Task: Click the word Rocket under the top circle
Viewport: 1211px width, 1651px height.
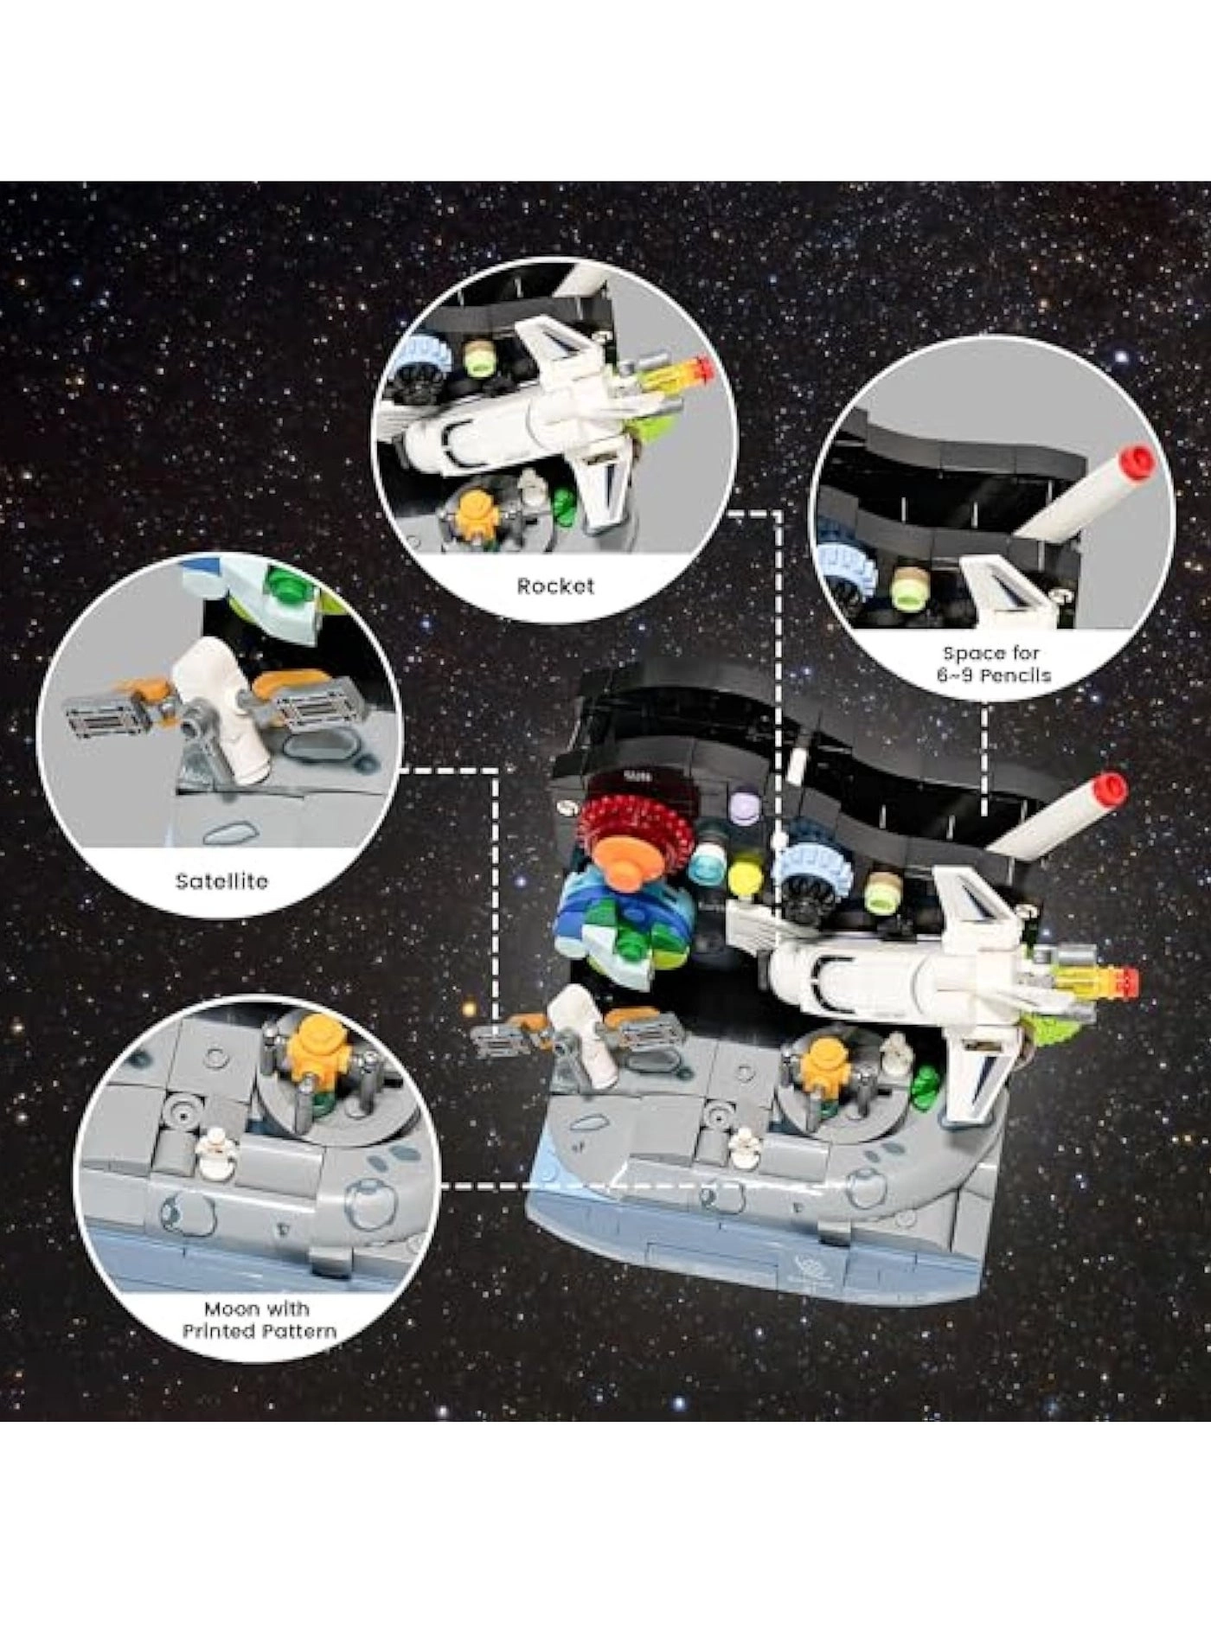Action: click(555, 586)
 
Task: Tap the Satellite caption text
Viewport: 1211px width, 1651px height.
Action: click(221, 881)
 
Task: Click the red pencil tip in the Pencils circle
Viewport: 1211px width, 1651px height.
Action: click(1138, 463)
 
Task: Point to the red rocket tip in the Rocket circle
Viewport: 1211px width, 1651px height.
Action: click(704, 372)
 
